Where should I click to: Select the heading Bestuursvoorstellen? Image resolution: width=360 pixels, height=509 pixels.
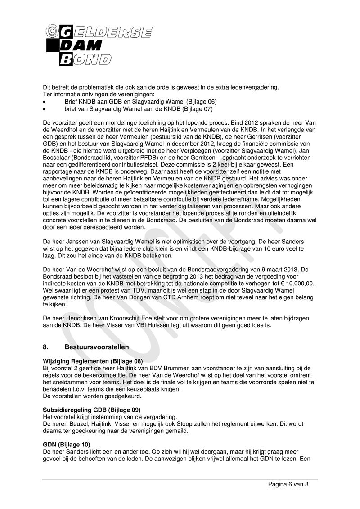pos(97,347)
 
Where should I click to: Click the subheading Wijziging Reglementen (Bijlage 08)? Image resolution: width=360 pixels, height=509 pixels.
pos(93,361)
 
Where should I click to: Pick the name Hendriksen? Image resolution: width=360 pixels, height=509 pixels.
pos(84,318)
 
